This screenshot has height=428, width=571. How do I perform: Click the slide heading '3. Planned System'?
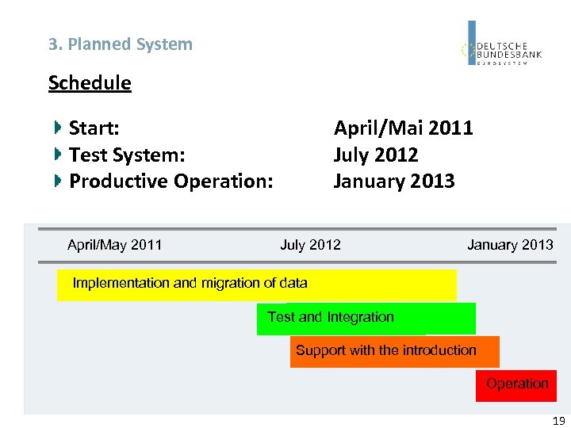point(120,44)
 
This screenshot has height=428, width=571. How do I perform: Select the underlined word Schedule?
point(90,82)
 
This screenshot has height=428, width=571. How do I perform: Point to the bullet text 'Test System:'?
point(127,155)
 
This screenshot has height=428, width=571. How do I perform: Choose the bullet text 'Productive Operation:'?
point(171,182)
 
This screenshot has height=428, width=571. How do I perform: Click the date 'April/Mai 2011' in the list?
point(403,128)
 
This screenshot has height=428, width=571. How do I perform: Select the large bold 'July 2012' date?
point(375,155)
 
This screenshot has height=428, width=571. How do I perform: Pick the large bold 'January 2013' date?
point(394,182)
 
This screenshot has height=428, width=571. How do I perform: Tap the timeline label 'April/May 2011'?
point(114,245)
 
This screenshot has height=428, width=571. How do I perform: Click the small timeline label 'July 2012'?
point(310,245)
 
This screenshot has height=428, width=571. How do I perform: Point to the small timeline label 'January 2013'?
point(510,245)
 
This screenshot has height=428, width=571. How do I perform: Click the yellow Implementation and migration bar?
point(256,285)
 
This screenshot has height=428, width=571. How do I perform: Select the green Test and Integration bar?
point(366,319)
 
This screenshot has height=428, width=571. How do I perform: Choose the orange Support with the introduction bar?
point(394,352)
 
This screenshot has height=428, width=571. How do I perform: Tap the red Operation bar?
point(516,385)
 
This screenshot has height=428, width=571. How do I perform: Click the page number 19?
point(558,422)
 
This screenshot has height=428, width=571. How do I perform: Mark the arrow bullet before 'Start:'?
point(58,128)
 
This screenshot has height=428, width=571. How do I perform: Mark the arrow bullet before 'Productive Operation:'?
point(58,182)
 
